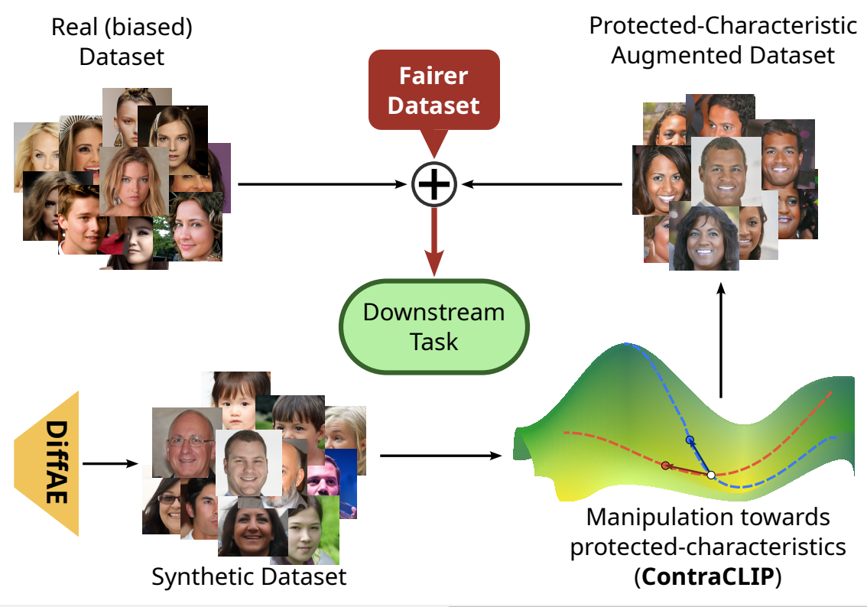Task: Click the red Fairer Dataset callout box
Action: [x=433, y=89]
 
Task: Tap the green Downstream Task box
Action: [x=433, y=326]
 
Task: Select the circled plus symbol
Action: [x=433, y=184]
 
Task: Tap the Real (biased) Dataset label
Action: [x=122, y=42]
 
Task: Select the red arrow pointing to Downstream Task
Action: [x=433, y=241]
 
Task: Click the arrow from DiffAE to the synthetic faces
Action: [x=110, y=463]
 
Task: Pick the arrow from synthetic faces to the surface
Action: [x=440, y=456]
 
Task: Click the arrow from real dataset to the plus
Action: [x=321, y=184]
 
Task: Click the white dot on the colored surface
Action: [x=711, y=476]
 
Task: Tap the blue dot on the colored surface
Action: [x=690, y=440]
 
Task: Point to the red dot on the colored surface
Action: [x=665, y=466]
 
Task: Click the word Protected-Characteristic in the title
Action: [x=722, y=25]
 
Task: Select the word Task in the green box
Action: [x=433, y=341]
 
